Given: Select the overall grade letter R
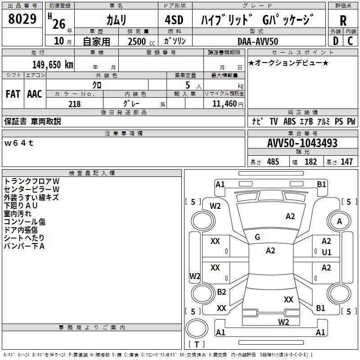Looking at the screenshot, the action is point(343,20).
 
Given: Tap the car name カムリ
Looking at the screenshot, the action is point(116,20).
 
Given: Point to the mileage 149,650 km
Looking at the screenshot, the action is point(53,65).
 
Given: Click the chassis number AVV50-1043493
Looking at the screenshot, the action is point(302,144).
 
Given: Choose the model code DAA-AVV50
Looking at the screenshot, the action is point(258,41).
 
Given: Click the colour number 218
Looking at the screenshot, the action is point(74,104).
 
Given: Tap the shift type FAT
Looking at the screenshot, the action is point(13,94).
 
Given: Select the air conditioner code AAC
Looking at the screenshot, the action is point(35,94).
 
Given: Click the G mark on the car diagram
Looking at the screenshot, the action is point(257,237).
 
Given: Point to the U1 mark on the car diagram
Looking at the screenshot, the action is point(326,252).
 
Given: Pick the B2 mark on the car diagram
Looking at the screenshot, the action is point(221,292).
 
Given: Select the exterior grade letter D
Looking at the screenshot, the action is point(335,41).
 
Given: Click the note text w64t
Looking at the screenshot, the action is point(19,143).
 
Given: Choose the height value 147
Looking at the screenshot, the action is point(346,162).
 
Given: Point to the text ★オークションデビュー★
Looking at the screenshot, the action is point(288,63).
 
